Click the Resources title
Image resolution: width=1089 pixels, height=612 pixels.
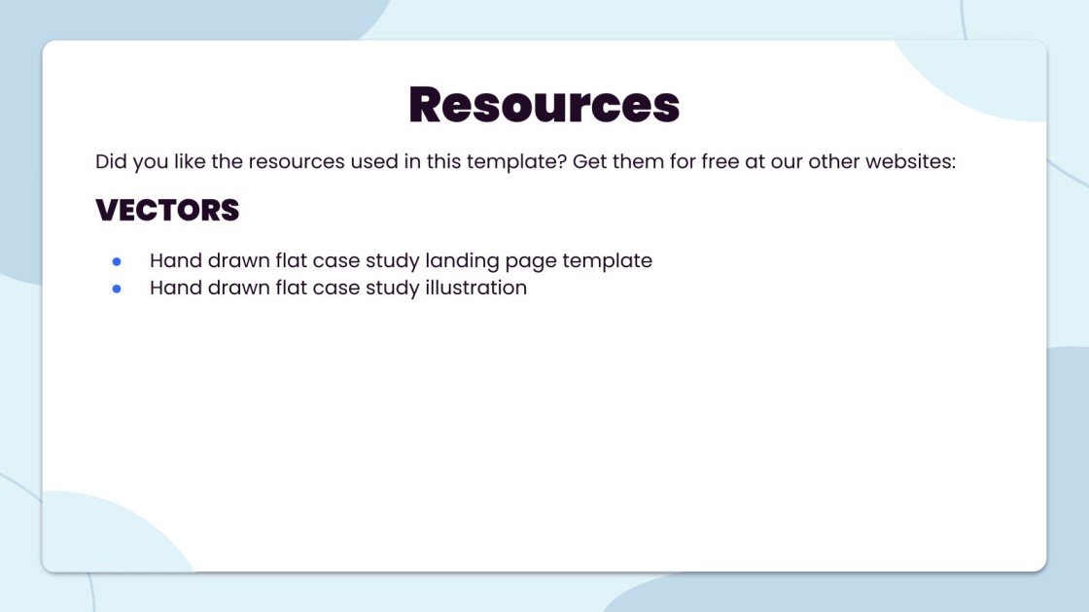coord(544,104)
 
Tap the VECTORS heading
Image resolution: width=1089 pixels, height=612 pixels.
coord(167,210)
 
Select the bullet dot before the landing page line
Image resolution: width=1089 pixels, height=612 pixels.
coord(117,261)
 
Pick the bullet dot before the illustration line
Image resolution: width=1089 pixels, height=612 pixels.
coord(117,289)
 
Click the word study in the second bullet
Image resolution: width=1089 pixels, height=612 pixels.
coord(389,289)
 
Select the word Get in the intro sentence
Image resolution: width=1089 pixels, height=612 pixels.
coord(589,161)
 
